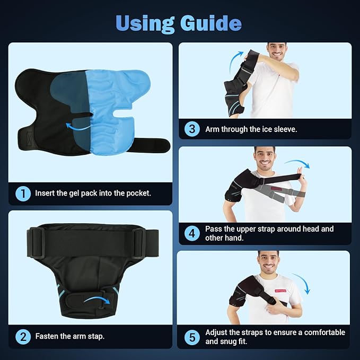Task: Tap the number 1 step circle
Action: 23,194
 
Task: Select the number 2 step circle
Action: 23,336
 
